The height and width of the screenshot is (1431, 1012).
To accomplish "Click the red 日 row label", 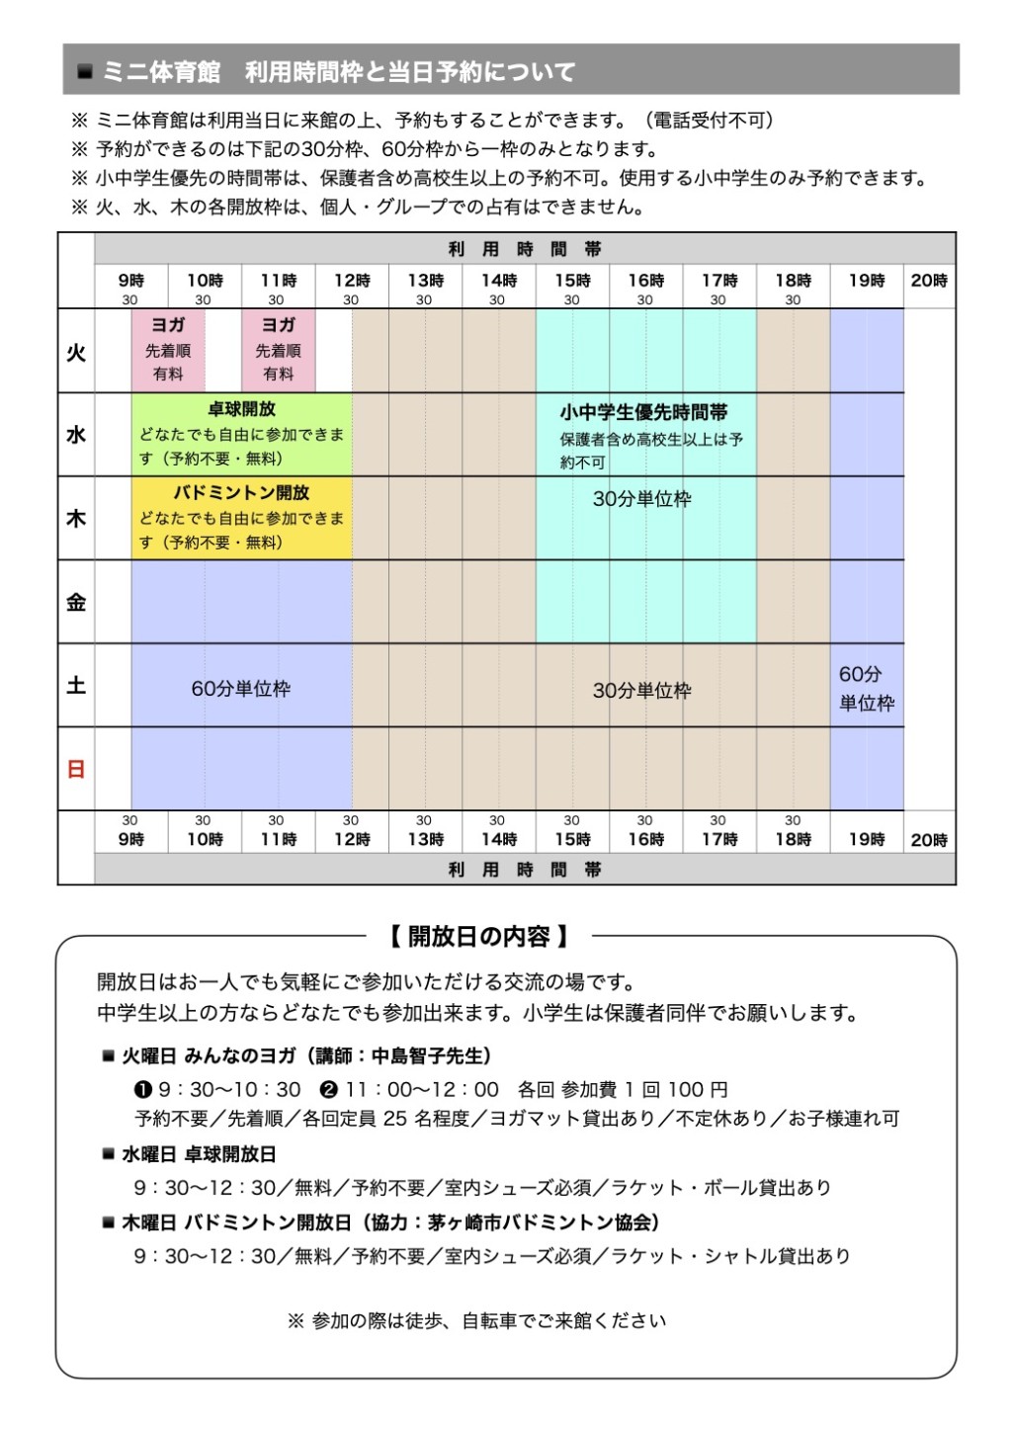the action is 76,769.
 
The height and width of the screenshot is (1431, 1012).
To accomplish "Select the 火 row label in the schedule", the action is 76,352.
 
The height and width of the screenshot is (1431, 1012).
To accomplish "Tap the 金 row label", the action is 76,602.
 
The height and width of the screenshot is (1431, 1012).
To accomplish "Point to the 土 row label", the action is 76,686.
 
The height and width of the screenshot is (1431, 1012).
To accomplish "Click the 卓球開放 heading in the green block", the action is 241,409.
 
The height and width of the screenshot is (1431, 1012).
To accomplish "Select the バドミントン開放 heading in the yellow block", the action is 241,492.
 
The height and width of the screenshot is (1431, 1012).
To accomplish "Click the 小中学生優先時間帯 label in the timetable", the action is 643,412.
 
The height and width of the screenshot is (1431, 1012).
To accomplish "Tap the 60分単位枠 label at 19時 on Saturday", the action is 866,688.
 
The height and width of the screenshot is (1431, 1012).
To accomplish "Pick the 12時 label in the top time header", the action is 352,281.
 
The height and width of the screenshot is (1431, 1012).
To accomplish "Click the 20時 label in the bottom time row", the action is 929,840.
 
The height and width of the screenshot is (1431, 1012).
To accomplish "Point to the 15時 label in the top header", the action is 572,281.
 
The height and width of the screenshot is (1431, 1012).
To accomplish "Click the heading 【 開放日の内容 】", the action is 478,935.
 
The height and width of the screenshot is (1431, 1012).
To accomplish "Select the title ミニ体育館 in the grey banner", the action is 161,72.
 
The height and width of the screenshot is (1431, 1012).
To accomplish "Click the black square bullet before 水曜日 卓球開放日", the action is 109,1154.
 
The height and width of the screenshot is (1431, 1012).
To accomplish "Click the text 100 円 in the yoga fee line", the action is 698,1089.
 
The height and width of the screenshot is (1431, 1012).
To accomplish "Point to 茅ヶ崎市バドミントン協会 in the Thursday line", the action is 541,1222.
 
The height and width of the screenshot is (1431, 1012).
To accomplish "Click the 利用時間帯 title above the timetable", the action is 525,249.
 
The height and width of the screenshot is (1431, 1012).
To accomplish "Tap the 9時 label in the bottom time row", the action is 131,840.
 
